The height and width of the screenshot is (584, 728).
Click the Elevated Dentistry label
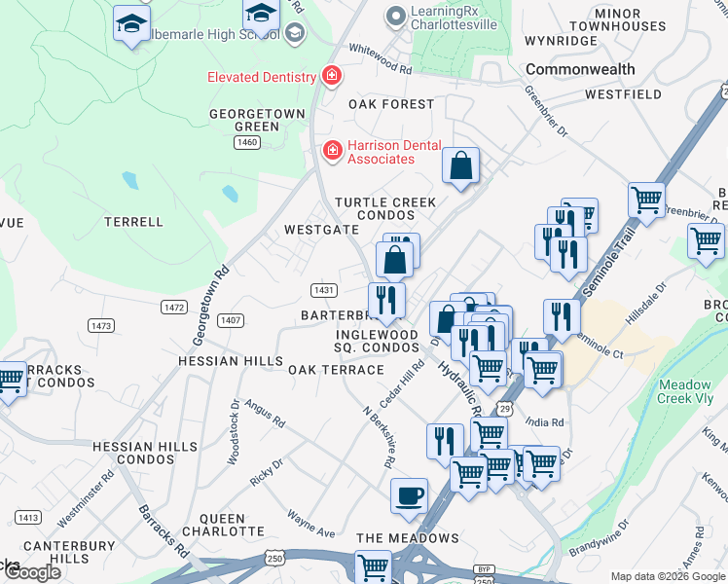[261, 77]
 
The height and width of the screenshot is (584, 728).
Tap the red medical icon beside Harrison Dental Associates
[332, 150]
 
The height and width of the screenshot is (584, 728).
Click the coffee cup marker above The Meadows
[409, 495]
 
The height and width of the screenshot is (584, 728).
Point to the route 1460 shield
[247, 142]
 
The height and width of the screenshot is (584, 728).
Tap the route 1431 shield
[324, 290]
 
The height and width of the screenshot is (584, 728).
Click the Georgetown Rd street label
[209, 305]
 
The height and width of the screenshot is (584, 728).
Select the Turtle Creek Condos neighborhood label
[385, 208]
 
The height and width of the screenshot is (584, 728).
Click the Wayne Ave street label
[310, 523]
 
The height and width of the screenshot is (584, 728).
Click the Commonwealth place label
[580, 70]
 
